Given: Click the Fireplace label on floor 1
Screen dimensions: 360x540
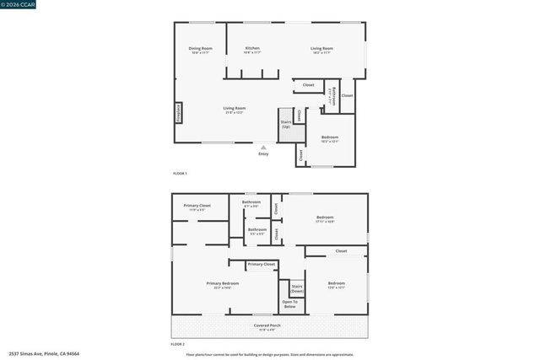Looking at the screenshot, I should [x=179, y=112].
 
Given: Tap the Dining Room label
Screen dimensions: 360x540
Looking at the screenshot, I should [x=201, y=50].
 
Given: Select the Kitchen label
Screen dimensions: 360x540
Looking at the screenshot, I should [x=252, y=50].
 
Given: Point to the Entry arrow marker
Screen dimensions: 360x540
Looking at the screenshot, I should [x=263, y=147].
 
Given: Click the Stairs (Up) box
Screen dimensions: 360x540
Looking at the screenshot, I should [x=286, y=124].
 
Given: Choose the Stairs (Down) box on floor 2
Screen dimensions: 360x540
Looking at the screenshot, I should [x=297, y=288].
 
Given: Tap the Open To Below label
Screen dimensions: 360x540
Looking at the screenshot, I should [x=289, y=304].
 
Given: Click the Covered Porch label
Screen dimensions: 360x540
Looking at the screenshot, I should [x=267, y=326].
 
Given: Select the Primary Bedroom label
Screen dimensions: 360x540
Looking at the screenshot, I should [x=223, y=285].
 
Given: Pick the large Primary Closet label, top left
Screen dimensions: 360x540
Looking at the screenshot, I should [x=197, y=207].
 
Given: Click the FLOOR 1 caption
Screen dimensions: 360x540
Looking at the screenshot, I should [x=180, y=173].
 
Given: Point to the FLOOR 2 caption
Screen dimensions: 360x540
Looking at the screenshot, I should [x=178, y=344].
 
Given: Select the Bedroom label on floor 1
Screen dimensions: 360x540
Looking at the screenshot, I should [x=329, y=138].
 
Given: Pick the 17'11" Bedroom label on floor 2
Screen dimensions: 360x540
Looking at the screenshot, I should [x=325, y=218].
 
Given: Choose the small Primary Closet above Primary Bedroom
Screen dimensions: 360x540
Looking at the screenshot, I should [x=261, y=265].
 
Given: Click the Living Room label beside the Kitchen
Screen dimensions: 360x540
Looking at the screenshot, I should [x=321, y=50].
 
